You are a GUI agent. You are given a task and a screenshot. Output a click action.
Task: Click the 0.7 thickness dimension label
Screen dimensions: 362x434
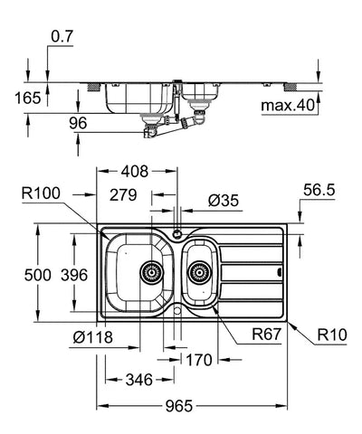[62, 36]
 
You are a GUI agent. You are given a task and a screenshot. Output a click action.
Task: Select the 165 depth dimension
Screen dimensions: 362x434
[28, 98]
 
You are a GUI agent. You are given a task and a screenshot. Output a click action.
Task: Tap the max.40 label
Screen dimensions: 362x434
[288, 106]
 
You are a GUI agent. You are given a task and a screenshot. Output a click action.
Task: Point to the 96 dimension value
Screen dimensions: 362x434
[78, 123]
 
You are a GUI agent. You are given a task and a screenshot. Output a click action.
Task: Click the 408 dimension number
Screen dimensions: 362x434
[135, 171]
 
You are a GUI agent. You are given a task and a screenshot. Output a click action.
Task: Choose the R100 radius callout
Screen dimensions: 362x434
[41, 193]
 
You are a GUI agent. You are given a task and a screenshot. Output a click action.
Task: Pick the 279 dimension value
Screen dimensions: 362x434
[123, 195]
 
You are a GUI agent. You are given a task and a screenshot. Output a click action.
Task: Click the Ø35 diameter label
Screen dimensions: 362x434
[224, 201]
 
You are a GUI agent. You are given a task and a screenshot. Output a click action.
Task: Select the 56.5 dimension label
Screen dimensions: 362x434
[319, 190]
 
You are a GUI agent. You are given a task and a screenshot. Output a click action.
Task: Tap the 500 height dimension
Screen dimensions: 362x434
[38, 275]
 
